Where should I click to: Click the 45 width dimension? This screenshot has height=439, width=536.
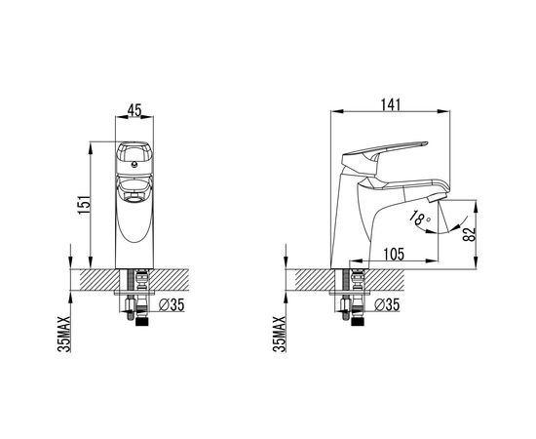click(x=134, y=110)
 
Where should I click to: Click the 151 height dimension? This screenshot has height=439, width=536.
click(x=85, y=205)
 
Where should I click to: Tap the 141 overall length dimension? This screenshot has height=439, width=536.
click(x=390, y=104)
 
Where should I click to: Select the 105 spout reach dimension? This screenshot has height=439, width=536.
click(x=394, y=255)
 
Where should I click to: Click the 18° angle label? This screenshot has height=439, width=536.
click(x=419, y=218)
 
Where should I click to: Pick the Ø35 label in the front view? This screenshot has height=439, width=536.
click(x=172, y=304)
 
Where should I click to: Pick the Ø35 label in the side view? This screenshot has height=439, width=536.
click(x=387, y=304)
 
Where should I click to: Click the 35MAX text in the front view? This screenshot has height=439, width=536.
click(x=64, y=334)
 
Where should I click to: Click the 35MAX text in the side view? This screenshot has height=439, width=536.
click(x=280, y=334)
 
